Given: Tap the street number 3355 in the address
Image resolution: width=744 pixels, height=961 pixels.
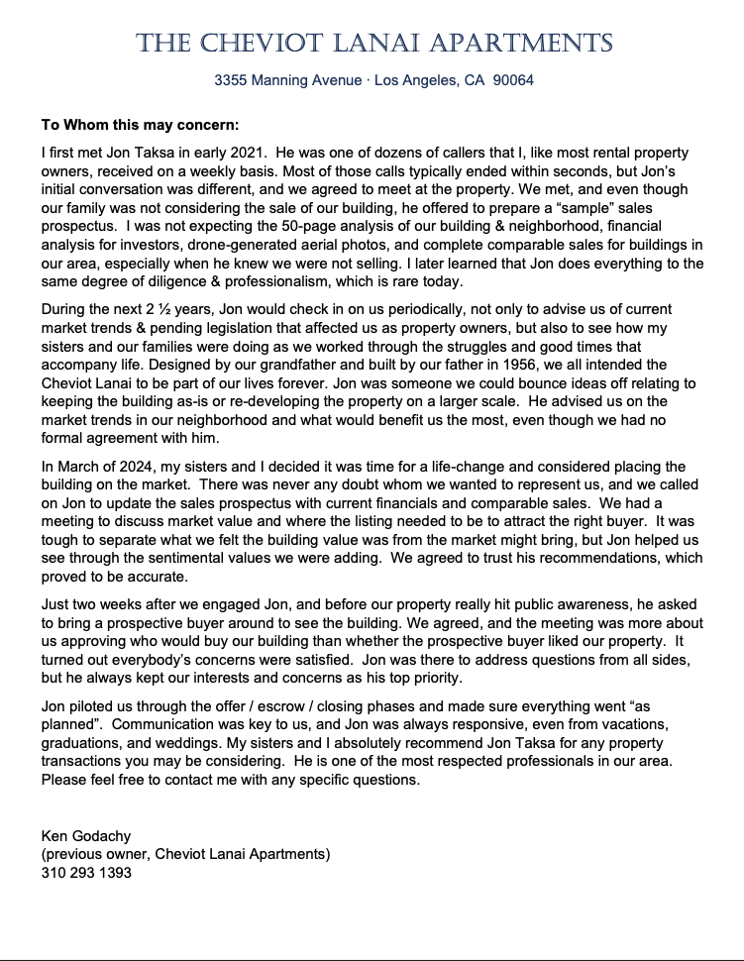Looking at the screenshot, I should click(x=231, y=80).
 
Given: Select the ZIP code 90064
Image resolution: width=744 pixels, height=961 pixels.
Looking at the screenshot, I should click(x=513, y=80).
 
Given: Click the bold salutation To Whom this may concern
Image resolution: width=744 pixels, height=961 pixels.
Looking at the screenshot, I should click(x=140, y=126).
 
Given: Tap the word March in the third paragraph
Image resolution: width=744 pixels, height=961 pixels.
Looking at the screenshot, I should click(x=79, y=466).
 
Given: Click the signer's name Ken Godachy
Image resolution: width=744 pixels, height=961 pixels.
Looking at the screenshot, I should click(x=87, y=836).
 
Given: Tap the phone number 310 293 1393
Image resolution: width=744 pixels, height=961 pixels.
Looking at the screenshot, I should click(x=86, y=873).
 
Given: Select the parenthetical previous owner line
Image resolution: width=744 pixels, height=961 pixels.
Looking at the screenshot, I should click(x=185, y=854).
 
